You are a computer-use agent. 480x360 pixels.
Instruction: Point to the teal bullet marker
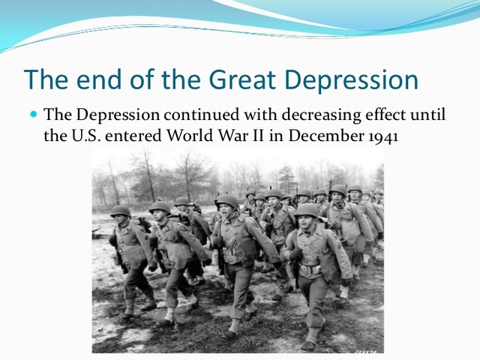[x=34, y=115]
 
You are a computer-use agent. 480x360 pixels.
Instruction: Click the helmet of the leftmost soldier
[x=120, y=211]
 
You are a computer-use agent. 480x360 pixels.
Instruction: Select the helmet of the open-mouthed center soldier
[x=228, y=201]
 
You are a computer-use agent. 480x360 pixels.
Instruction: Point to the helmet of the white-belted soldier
[x=307, y=210]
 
